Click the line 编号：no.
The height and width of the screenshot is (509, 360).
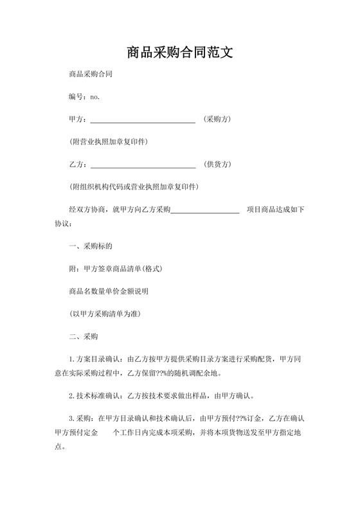click(x=84, y=97)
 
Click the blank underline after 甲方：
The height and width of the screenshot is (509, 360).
click(x=143, y=120)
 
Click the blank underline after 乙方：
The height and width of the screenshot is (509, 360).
click(x=143, y=165)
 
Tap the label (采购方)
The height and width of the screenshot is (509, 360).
click(x=217, y=120)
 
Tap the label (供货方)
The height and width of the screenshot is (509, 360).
click(x=217, y=165)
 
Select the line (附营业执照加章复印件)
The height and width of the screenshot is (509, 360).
click(x=113, y=142)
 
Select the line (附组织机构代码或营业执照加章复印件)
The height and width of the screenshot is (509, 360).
click(x=134, y=187)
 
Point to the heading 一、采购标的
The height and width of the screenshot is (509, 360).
click(x=91, y=246)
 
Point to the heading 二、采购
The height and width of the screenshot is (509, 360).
click(x=83, y=336)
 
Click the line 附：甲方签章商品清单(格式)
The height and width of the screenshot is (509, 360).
click(x=114, y=269)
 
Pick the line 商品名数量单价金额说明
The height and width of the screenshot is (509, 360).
click(x=109, y=291)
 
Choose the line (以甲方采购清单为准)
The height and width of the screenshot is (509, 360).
click(x=105, y=314)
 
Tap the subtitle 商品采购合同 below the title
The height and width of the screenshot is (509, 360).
click(x=91, y=75)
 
